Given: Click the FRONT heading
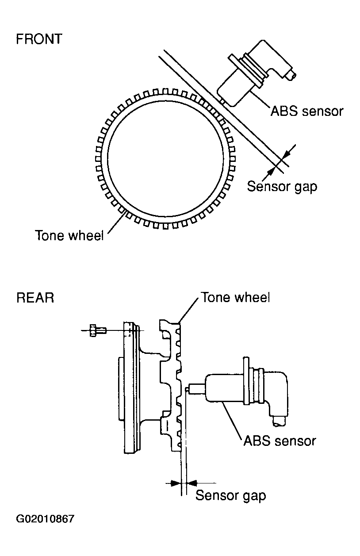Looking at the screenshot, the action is pyautogui.click(x=39, y=39).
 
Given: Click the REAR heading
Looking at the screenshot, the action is pyautogui.click(x=35, y=298).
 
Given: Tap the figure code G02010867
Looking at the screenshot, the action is pyautogui.click(x=45, y=518).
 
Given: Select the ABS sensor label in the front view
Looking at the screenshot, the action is pyautogui.click(x=307, y=111).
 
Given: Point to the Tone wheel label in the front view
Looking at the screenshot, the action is pyautogui.click(x=69, y=235).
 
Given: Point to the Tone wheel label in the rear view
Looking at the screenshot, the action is pyautogui.click(x=235, y=297).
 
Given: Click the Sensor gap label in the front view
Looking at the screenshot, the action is pyautogui.click(x=282, y=187).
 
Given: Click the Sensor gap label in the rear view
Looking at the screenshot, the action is pyautogui.click(x=231, y=495).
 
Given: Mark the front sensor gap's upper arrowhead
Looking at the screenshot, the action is pyautogui.click(x=286, y=155).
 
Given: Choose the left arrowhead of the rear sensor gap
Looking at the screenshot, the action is pyautogui.click(x=176, y=483).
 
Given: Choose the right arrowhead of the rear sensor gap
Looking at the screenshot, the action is pyautogui.click(x=192, y=483).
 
